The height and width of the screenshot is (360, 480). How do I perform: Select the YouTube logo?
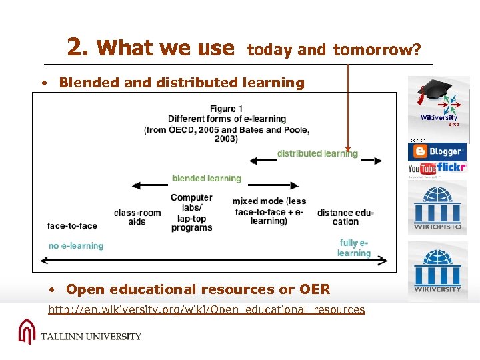(x=422, y=169)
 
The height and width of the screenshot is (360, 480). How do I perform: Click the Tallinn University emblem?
(x=27, y=331)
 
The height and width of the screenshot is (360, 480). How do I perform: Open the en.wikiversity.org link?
(x=207, y=310)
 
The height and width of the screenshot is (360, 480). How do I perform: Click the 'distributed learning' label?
(x=317, y=154)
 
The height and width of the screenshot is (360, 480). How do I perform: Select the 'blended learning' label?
(x=207, y=179)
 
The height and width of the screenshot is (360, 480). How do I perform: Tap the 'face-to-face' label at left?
(x=72, y=227)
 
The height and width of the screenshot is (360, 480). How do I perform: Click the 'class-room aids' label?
(x=137, y=217)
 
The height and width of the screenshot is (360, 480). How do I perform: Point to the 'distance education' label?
(x=345, y=217)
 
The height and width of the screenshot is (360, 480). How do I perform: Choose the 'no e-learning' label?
(x=76, y=246)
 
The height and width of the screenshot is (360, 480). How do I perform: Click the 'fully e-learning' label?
(x=353, y=248)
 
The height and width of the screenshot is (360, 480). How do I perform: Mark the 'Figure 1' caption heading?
(x=226, y=109)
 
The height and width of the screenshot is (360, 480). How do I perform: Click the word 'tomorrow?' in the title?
(x=377, y=50)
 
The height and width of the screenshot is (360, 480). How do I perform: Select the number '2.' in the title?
(x=79, y=47)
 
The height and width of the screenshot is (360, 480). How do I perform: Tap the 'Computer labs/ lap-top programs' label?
(x=191, y=213)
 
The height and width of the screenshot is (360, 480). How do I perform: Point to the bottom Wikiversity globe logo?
(x=438, y=270)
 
